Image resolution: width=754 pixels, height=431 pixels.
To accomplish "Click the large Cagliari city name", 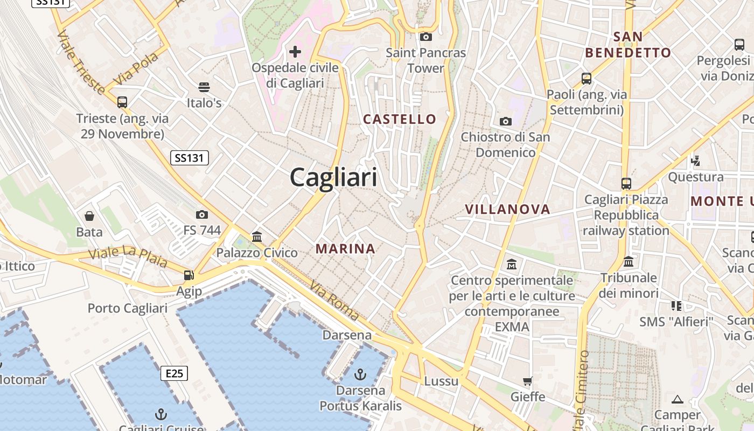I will click(334, 177).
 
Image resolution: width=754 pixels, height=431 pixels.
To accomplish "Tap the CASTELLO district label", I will click(400, 119).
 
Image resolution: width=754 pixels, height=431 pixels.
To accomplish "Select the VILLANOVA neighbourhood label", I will click(507, 209).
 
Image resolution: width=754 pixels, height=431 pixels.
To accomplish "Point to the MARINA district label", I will click(345, 248).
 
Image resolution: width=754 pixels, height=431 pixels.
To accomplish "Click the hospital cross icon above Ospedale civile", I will click(295, 52).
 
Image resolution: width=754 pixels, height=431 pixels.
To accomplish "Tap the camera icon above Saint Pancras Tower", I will click(426, 37).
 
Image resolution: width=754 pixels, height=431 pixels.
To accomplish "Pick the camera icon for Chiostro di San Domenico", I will click(505, 121).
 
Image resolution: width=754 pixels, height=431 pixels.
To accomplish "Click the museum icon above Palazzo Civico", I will click(257, 237).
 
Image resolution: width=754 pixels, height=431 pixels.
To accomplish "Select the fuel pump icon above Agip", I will click(188, 275).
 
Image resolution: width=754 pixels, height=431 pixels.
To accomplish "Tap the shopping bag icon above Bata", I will click(89, 216).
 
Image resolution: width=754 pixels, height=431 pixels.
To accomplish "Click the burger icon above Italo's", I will click(204, 87).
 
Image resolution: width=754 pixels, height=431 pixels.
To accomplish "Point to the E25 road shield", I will click(174, 373).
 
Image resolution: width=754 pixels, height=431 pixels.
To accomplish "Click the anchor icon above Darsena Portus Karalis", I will click(360, 374).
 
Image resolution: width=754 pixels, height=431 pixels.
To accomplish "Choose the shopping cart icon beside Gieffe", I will click(528, 381).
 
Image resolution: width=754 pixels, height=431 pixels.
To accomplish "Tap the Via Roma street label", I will click(334, 302).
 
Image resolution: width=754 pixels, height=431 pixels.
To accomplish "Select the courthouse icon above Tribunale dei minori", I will click(629, 262).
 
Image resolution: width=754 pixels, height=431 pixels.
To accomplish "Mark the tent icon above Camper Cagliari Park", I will click(678, 399).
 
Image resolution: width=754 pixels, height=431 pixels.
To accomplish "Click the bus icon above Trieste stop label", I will click(122, 102).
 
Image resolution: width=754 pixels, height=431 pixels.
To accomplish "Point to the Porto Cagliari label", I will click(128, 309).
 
